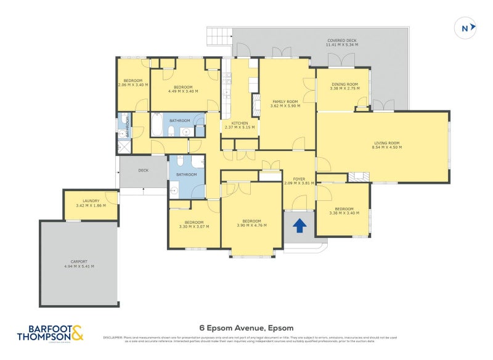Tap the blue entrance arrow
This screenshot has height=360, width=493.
(x=299, y=226)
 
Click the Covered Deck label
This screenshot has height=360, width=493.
(x=341, y=43)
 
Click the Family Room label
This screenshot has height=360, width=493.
(x=285, y=104)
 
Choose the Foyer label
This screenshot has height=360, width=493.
(x=299, y=181)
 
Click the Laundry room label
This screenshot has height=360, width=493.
(x=91, y=203)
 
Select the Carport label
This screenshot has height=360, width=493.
(x=79, y=263)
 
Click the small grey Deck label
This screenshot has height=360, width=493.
(x=143, y=171)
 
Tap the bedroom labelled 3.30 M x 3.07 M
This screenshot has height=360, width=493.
(x=194, y=224)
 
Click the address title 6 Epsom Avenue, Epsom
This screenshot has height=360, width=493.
(x=246, y=327)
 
